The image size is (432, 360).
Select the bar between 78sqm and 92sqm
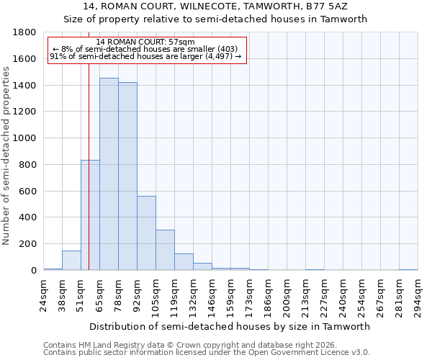point(127,176)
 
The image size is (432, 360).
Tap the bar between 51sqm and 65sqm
point(90,215)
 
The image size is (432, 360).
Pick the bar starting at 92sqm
point(146,233)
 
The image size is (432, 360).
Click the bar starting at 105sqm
point(165,250)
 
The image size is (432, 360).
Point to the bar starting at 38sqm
point(71,261)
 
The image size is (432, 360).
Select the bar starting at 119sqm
point(184,262)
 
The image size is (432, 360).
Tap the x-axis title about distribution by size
point(230,326)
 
